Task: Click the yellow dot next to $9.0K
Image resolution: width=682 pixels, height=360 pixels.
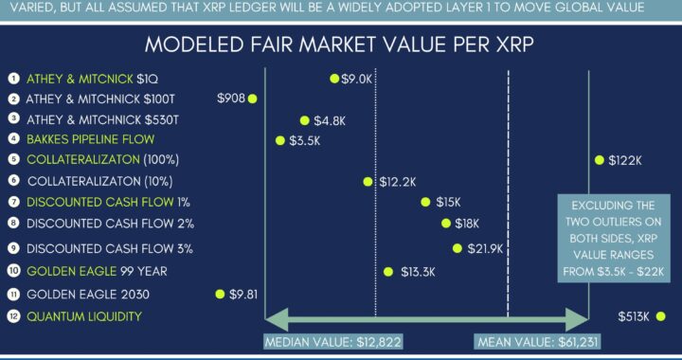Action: [x=334, y=79]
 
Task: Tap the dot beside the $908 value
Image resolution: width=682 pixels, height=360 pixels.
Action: [x=253, y=98]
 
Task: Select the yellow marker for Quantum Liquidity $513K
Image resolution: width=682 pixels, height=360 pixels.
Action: [x=660, y=315]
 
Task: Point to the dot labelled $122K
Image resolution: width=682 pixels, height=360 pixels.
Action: [x=599, y=160]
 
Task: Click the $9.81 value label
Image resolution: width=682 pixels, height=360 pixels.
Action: [x=242, y=295]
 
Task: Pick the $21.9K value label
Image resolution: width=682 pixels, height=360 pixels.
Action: [x=483, y=248]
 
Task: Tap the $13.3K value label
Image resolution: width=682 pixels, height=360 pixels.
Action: [x=416, y=271]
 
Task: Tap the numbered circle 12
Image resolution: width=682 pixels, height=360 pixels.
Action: [x=12, y=316]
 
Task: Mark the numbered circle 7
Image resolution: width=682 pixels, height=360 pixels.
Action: [x=12, y=202]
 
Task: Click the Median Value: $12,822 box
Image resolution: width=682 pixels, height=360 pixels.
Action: [x=320, y=346]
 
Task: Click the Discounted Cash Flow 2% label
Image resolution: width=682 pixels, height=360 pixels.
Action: [x=110, y=224]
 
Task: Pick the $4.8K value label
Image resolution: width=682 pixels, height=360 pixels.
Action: [x=327, y=120]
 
